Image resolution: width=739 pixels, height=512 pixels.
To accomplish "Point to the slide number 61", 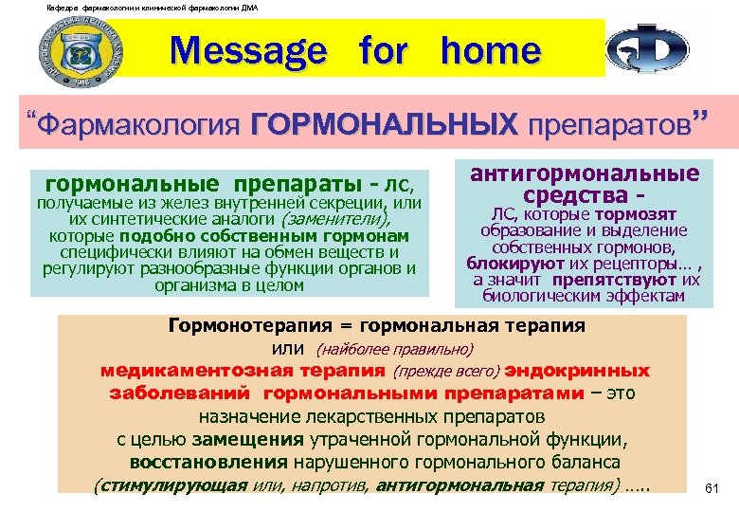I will point(714,488).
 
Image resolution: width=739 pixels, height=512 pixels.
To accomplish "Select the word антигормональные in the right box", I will point(584,174).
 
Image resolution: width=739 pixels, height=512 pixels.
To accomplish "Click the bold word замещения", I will point(248,439).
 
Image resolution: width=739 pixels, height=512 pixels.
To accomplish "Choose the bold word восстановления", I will point(208,463).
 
